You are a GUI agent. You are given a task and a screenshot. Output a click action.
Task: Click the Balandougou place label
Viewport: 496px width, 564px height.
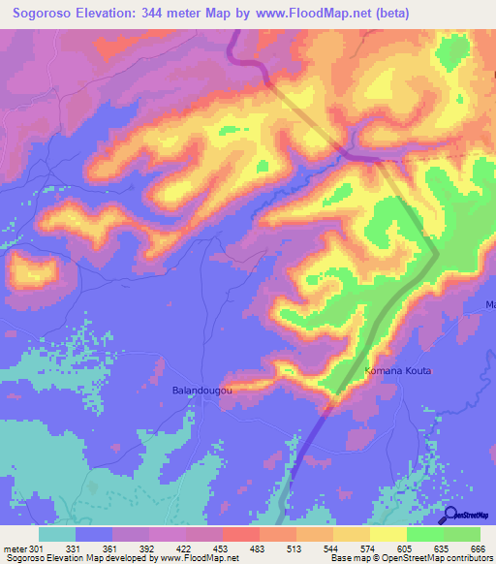click(x=203, y=390)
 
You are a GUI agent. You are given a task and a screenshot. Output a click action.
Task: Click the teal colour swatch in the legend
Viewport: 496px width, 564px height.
click(x=57, y=534)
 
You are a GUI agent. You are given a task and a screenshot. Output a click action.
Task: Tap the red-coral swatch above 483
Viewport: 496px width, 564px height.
click(x=241, y=534)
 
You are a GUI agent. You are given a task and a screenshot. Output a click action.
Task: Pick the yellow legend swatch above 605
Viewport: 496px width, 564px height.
click(x=388, y=534)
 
